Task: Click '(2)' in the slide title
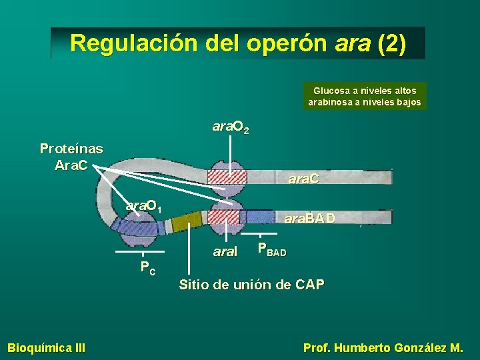coord(391,43)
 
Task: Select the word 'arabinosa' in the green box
coord(329,102)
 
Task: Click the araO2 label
coord(231,127)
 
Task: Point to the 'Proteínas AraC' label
coord(71,156)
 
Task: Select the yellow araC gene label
coord(303,179)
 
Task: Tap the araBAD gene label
coord(309,218)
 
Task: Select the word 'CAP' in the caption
coord(309,285)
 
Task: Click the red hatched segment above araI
coord(224,217)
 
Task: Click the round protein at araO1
coord(137,231)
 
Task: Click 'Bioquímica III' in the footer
coord(46,347)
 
